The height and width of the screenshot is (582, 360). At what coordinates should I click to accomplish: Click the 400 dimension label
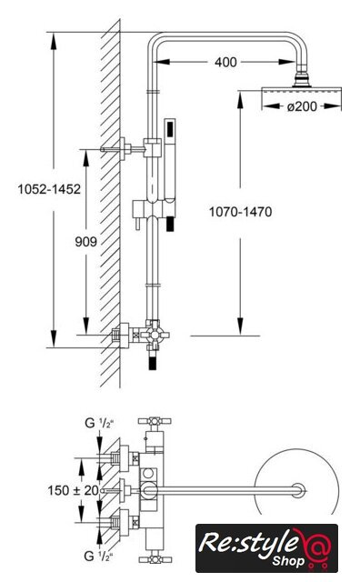pyautogui.click(x=225, y=62)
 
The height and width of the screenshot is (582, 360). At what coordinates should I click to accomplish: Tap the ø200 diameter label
pyautogui.click(x=302, y=106)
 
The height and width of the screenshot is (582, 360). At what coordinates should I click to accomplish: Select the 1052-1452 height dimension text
pyautogui.click(x=49, y=189)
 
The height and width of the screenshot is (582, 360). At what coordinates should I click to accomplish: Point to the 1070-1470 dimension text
pyautogui.click(x=241, y=212)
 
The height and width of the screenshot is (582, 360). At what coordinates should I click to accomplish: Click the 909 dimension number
pyautogui.click(x=86, y=242)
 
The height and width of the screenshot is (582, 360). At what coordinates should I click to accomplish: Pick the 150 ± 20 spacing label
pyautogui.click(x=73, y=490)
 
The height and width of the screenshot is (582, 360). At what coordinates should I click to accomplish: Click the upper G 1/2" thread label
pyautogui.click(x=98, y=423)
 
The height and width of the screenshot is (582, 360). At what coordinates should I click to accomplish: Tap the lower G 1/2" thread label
pyautogui.click(x=97, y=556)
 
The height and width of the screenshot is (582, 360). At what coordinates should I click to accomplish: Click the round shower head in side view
pyautogui.click(x=301, y=91)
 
